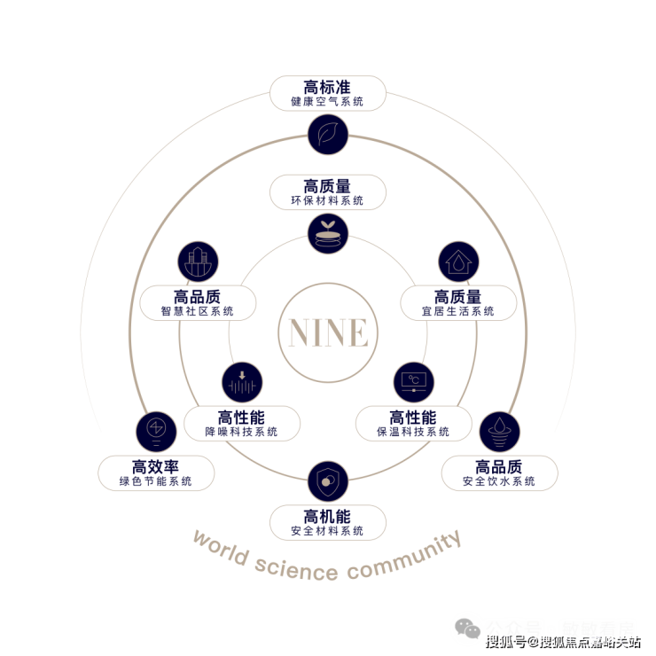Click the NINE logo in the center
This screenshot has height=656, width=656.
[327, 332]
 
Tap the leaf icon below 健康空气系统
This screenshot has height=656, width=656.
[327, 135]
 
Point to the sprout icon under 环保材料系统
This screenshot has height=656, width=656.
[327, 233]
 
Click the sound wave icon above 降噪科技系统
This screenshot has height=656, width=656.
[242, 383]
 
